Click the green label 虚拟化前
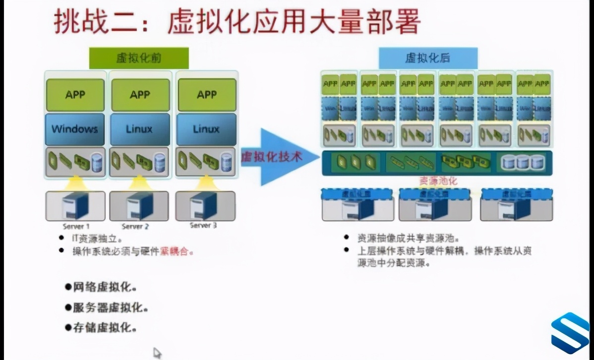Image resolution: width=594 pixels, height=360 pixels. (x=139, y=58)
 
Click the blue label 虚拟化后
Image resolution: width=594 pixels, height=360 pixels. (x=428, y=58)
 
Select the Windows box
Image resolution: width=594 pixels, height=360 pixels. (x=75, y=129)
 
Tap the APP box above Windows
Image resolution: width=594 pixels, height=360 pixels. (x=75, y=95)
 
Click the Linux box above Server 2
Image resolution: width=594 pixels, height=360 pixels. (x=140, y=129)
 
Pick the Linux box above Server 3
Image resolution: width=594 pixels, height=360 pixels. (x=206, y=129)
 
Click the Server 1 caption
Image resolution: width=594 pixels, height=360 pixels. (x=75, y=226)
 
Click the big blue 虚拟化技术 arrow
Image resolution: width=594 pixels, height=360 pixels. (x=278, y=157)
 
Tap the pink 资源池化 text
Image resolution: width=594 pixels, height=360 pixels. (x=438, y=181)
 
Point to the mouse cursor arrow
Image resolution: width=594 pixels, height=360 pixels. (x=157, y=352)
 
